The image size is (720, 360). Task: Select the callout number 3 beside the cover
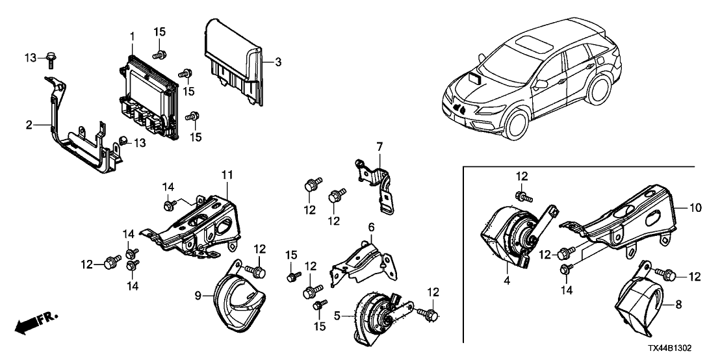[x=277, y=62]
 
